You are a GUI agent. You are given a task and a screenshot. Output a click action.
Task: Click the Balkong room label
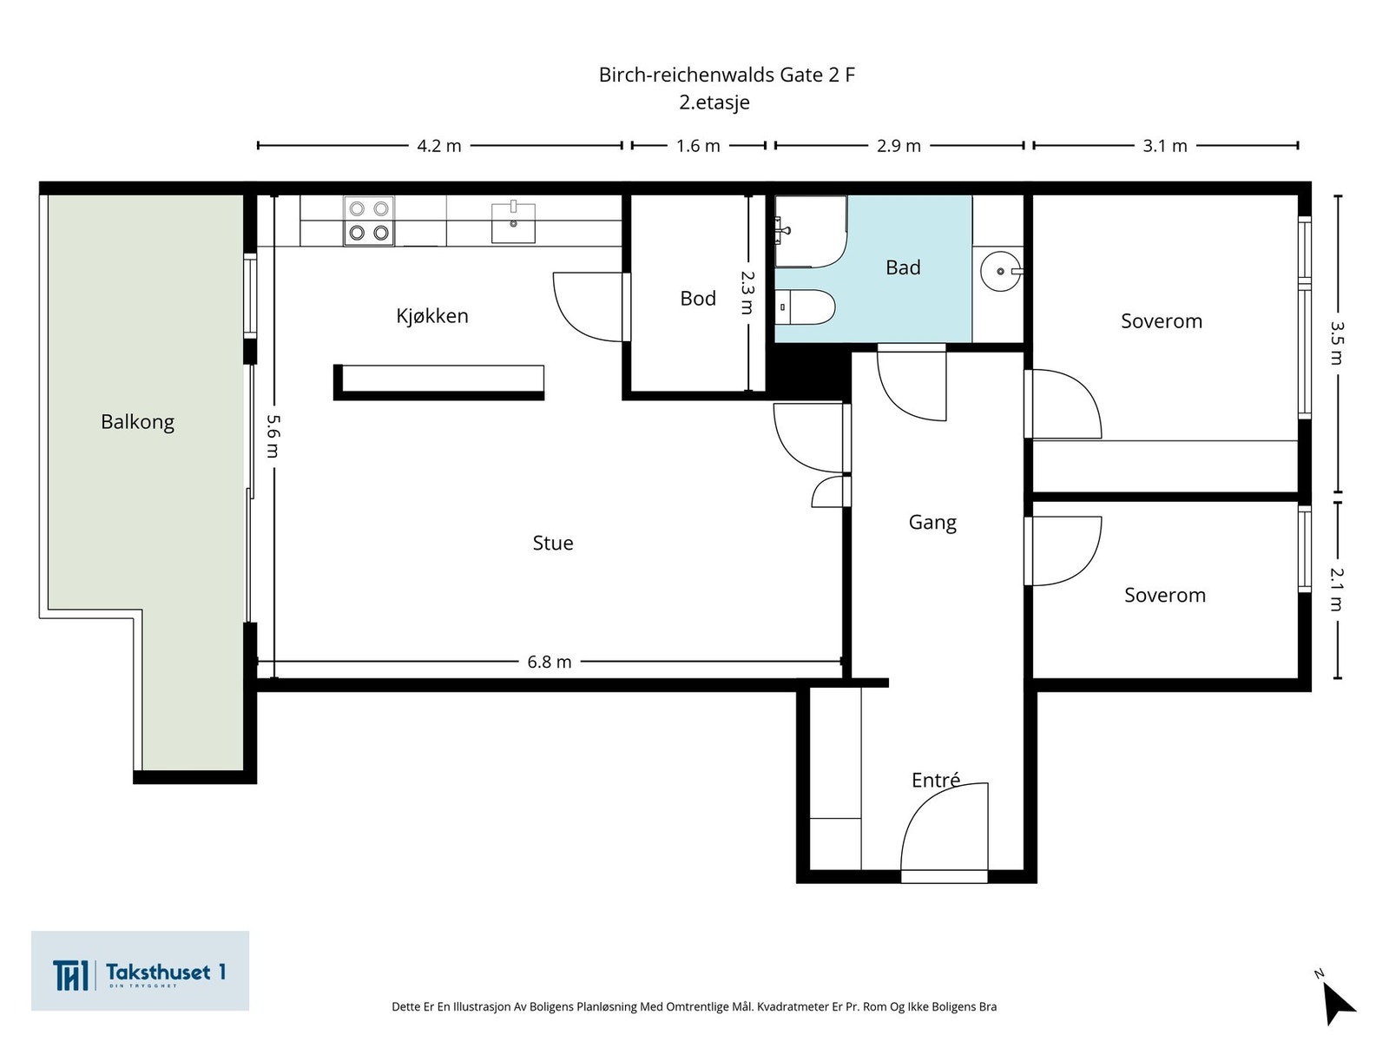(137, 422)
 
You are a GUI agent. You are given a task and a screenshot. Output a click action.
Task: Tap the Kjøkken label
(432, 316)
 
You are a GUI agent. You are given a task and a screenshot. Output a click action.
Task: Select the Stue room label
(553, 543)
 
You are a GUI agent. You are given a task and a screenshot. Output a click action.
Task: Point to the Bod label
(698, 298)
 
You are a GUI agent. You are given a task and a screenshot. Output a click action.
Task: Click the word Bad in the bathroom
(903, 267)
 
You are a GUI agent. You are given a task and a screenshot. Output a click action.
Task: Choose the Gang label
(932, 523)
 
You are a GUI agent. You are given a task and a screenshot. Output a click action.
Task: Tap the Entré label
(936, 780)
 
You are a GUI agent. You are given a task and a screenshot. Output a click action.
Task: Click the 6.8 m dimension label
(550, 662)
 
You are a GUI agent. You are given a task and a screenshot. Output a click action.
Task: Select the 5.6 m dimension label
(273, 436)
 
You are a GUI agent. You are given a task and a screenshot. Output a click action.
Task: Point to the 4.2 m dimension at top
(439, 146)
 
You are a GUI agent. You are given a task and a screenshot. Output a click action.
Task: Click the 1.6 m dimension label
(698, 146)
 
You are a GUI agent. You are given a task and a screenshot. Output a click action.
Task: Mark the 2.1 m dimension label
(1336, 590)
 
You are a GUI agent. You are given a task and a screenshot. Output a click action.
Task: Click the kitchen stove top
(369, 221)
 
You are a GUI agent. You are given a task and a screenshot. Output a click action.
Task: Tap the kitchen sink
(513, 222)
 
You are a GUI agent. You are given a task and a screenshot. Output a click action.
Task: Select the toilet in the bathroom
(805, 307)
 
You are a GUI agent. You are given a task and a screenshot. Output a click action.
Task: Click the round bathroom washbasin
(1001, 272)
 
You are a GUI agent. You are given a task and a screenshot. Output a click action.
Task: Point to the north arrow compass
(1337, 1001)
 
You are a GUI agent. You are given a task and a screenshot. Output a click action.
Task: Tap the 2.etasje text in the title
(714, 102)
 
